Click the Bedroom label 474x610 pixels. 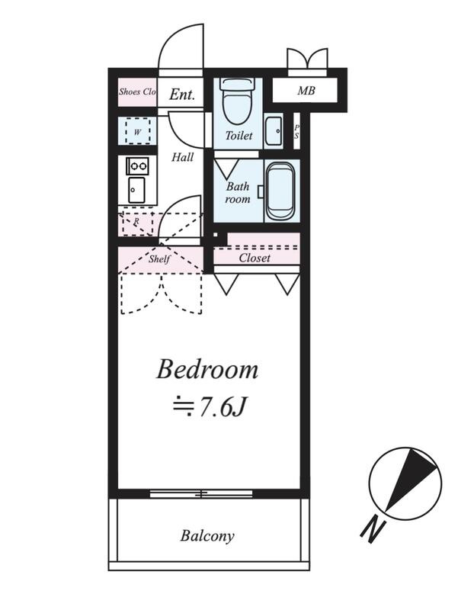coord(207,370)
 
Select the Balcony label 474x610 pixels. coord(207,536)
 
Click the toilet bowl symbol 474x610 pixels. coord(238,101)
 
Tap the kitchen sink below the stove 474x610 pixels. coord(136,190)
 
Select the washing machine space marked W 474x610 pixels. coord(138,131)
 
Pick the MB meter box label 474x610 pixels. coord(306,91)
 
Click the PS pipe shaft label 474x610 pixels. coord(296,132)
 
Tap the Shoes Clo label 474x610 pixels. coord(138,91)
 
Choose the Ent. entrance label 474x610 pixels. coord(182,94)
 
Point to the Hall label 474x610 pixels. coord(183,157)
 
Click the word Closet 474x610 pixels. coord(255,258)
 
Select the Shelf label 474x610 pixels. coord(159,258)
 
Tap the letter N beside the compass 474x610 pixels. coord(373,529)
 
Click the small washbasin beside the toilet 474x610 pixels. coord(274,130)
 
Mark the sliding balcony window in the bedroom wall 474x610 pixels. coord(201,493)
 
